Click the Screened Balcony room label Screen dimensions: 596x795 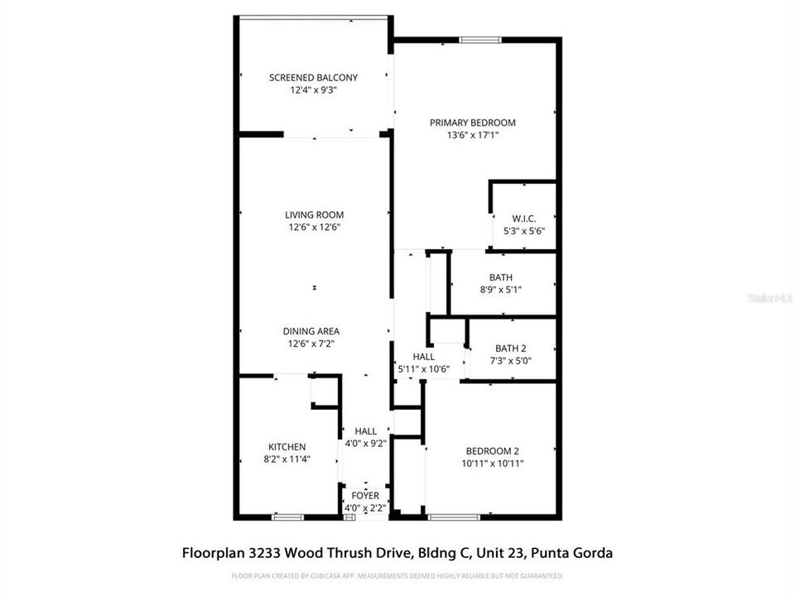pyautogui.click(x=313, y=78)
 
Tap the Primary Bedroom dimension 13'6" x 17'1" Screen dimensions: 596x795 pyautogui.click(x=472, y=135)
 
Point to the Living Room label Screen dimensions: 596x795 pyautogui.click(x=314, y=215)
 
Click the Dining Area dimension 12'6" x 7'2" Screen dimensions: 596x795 pyautogui.click(x=314, y=344)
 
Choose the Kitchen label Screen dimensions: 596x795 pyautogui.click(x=287, y=447)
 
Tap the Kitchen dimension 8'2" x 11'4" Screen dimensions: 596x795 pyautogui.click(x=287, y=459)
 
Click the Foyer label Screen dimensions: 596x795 pyautogui.click(x=365, y=496)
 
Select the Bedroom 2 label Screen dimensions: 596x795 pyautogui.click(x=492, y=451)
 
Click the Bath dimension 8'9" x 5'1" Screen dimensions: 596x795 pyautogui.click(x=500, y=289)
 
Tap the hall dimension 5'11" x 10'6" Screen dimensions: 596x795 pyautogui.click(x=423, y=369)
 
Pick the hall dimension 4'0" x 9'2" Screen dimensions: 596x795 pyautogui.click(x=365, y=443)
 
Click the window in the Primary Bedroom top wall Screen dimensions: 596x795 pyautogui.click(x=480, y=39)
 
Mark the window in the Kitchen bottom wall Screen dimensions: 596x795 pyautogui.click(x=288, y=517)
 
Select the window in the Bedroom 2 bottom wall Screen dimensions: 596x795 pyautogui.click(x=454, y=517)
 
